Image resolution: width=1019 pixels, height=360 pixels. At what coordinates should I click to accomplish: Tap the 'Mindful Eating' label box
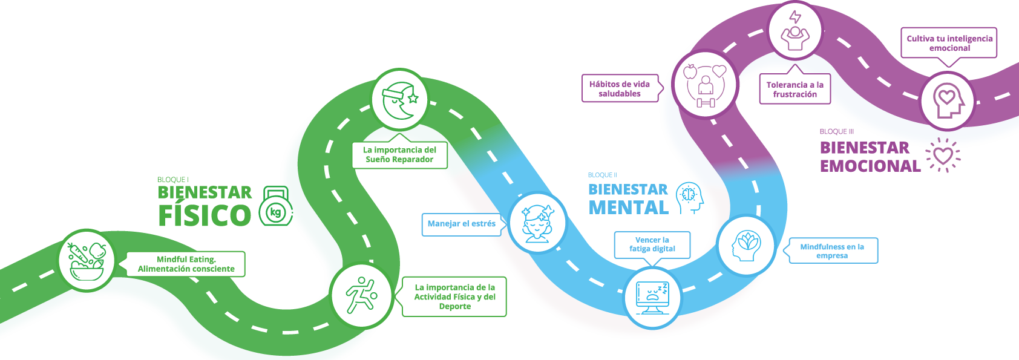[186, 264]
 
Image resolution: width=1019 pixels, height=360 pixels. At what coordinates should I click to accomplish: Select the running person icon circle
[362, 295]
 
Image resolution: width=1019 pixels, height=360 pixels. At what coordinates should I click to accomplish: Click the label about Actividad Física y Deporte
[454, 297]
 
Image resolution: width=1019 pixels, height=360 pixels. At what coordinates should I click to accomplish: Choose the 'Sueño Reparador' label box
[399, 155]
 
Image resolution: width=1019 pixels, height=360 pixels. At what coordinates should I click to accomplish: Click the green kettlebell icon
[276, 206]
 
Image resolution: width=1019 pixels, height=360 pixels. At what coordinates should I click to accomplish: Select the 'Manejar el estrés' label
[461, 224]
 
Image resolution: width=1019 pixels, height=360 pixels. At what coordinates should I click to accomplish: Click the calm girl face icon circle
[537, 223]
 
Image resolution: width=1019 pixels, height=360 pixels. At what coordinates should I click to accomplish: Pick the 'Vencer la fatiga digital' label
[652, 244]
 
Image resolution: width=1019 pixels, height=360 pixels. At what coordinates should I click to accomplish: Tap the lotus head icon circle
[746, 245]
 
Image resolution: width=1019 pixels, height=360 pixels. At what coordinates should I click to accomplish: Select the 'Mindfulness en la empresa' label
[832, 251]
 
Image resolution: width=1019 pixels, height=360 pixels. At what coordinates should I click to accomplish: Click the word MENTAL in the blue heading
[628, 208]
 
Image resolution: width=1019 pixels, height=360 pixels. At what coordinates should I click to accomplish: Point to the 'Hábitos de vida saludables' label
[620, 89]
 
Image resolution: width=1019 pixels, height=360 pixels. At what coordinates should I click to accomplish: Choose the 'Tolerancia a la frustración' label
[795, 90]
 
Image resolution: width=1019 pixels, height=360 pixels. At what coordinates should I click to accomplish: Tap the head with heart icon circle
[947, 101]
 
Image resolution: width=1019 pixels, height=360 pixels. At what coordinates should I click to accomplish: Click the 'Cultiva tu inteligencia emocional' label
[949, 43]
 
